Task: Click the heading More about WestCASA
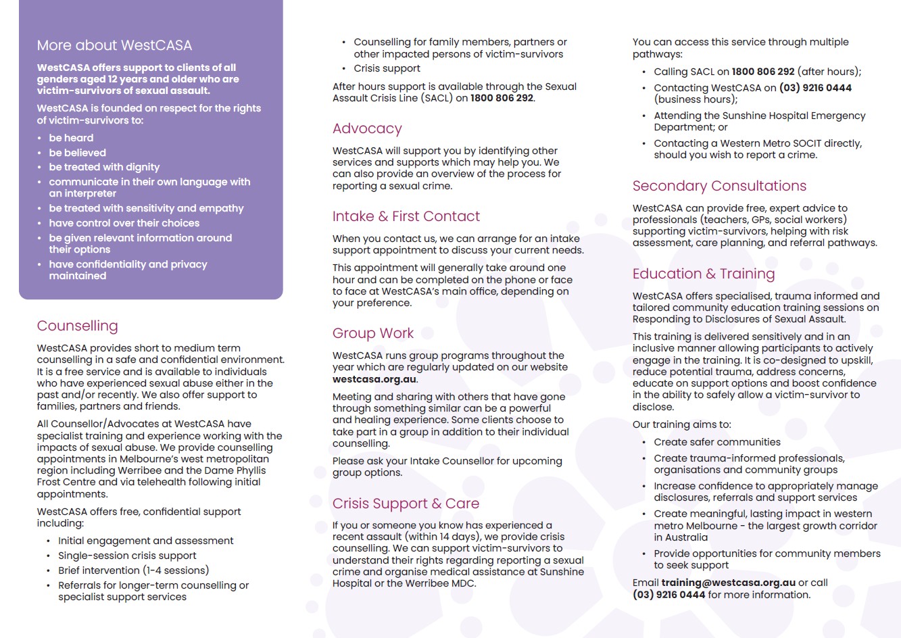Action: click(x=114, y=45)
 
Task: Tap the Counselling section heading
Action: click(x=77, y=326)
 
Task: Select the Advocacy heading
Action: click(x=367, y=128)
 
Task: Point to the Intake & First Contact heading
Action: click(x=406, y=216)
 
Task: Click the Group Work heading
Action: click(x=372, y=333)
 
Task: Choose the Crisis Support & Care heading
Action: click(x=406, y=504)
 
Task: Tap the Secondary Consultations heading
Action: click(x=719, y=186)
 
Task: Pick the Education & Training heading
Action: click(x=703, y=274)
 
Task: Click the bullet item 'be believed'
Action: click(x=77, y=153)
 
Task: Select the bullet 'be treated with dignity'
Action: click(x=104, y=167)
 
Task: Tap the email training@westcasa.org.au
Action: click(x=728, y=583)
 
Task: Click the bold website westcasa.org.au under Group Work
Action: click(x=374, y=379)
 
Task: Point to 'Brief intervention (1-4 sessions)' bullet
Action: click(x=133, y=570)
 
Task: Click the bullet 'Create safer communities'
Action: click(x=716, y=442)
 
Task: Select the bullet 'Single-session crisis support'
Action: click(x=127, y=556)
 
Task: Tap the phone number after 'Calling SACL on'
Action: click(x=763, y=72)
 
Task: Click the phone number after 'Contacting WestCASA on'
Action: click(x=815, y=88)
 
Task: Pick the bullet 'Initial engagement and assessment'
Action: click(x=145, y=541)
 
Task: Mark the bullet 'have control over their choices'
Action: click(x=124, y=223)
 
